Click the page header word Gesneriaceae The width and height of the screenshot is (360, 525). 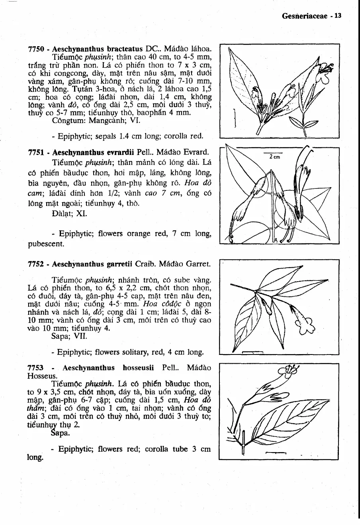click(x=304, y=16)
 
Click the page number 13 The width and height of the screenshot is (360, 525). click(x=338, y=16)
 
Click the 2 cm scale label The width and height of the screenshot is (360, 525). click(x=274, y=157)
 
